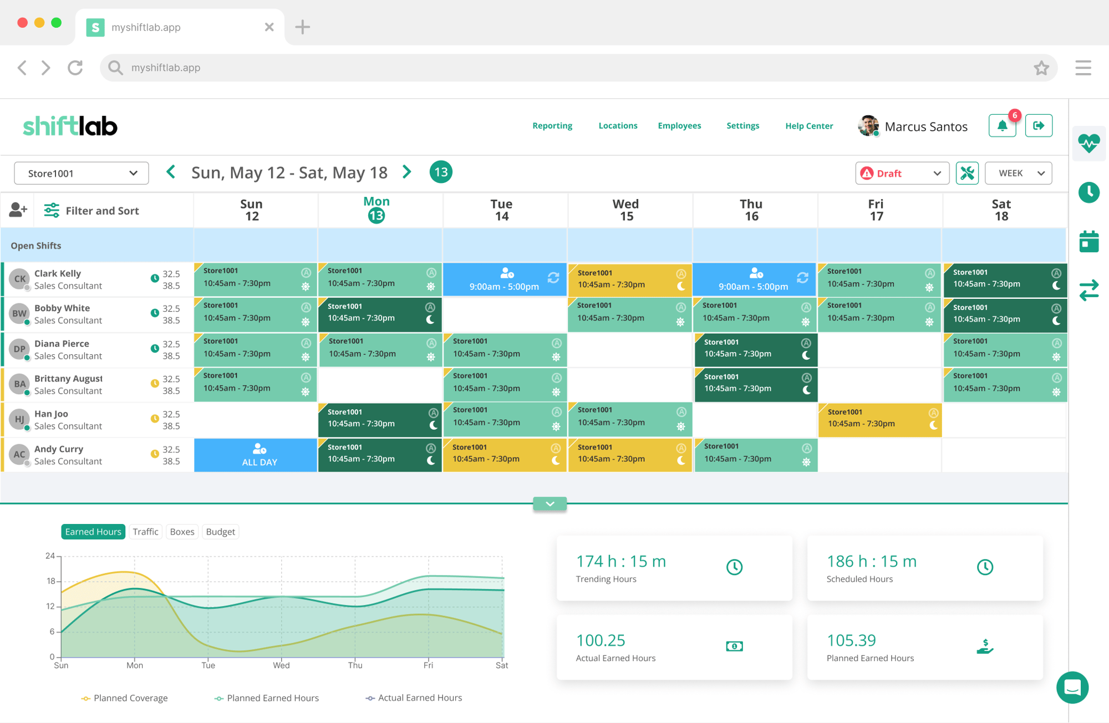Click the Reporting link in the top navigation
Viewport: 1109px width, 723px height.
(x=552, y=126)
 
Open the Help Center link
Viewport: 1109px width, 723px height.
(x=809, y=126)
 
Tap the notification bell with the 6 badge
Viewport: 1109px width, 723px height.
(x=1003, y=126)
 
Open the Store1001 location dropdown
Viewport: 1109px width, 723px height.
(x=82, y=173)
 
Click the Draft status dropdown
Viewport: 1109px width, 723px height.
(x=902, y=174)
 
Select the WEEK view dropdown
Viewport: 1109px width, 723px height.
(x=1019, y=174)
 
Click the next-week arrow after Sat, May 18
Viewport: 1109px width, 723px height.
(x=407, y=172)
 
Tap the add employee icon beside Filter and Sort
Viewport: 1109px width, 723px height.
(x=18, y=210)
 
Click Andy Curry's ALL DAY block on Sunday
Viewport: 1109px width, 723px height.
(x=256, y=455)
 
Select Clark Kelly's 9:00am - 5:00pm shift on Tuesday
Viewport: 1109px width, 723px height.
(x=505, y=279)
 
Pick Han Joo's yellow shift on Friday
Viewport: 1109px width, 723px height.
(x=880, y=420)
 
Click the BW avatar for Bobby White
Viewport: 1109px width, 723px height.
(x=19, y=314)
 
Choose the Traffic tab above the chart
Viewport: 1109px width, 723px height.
(x=145, y=532)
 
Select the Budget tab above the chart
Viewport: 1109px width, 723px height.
(x=221, y=532)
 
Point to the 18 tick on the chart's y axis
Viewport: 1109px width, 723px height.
(x=51, y=581)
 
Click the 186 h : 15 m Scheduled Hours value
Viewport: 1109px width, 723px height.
(x=872, y=561)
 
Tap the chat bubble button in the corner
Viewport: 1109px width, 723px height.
(x=1072, y=688)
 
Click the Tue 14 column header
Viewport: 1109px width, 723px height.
(x=502, y=210)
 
